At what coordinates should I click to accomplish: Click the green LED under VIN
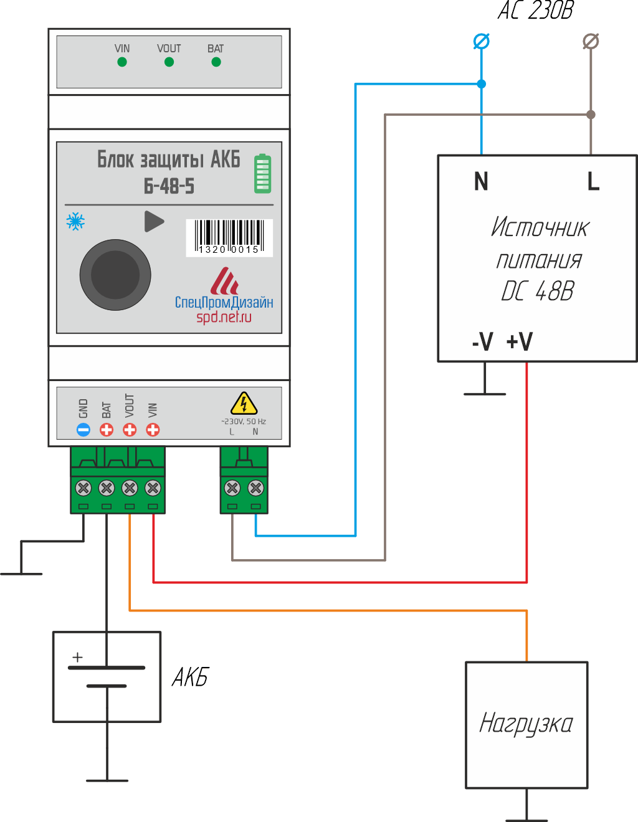122,62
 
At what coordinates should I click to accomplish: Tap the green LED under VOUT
169,62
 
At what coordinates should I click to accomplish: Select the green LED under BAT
216,62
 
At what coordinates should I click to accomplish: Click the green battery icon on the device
262,174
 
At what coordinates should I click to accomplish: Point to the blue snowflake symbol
75,221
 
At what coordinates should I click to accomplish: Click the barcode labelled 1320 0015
229,237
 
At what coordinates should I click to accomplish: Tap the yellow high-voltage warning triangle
244,404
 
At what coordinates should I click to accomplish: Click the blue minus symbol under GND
83,430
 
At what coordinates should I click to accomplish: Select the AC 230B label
535,11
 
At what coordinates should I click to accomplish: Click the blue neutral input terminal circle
481,41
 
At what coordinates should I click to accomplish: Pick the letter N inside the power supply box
481,182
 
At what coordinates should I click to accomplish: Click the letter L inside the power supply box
593,182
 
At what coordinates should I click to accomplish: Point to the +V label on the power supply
520,342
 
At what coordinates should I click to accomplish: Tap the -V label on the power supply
483,342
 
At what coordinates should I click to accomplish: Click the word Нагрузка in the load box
526,724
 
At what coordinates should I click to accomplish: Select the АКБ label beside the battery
190,677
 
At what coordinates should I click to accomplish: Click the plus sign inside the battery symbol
77,657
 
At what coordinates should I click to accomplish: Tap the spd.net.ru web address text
224,317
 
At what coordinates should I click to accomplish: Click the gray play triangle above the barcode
153,221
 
